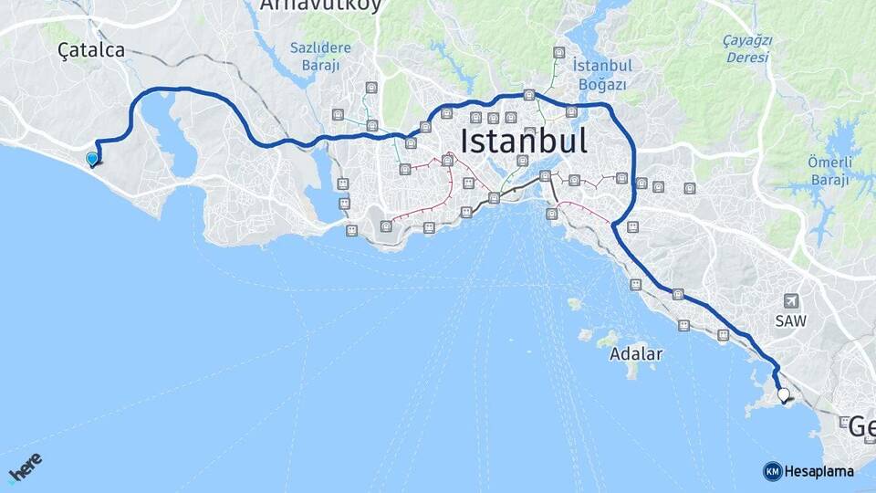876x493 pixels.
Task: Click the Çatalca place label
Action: pos(90,51)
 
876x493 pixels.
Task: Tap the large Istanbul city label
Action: pos(524,142)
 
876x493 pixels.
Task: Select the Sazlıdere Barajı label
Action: pos(315,57)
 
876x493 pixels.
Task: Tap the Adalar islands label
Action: pos(637,353)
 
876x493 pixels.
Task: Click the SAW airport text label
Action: pos(790,321)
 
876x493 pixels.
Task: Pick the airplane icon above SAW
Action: pos(790,301)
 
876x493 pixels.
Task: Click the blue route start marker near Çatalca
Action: pos(91,160)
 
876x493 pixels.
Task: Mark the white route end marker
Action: pos(783,395)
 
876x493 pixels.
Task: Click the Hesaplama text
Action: pos(819,472)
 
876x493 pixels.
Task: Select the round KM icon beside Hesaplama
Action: pos(772,471)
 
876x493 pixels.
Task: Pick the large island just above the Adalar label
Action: pos(607,340)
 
